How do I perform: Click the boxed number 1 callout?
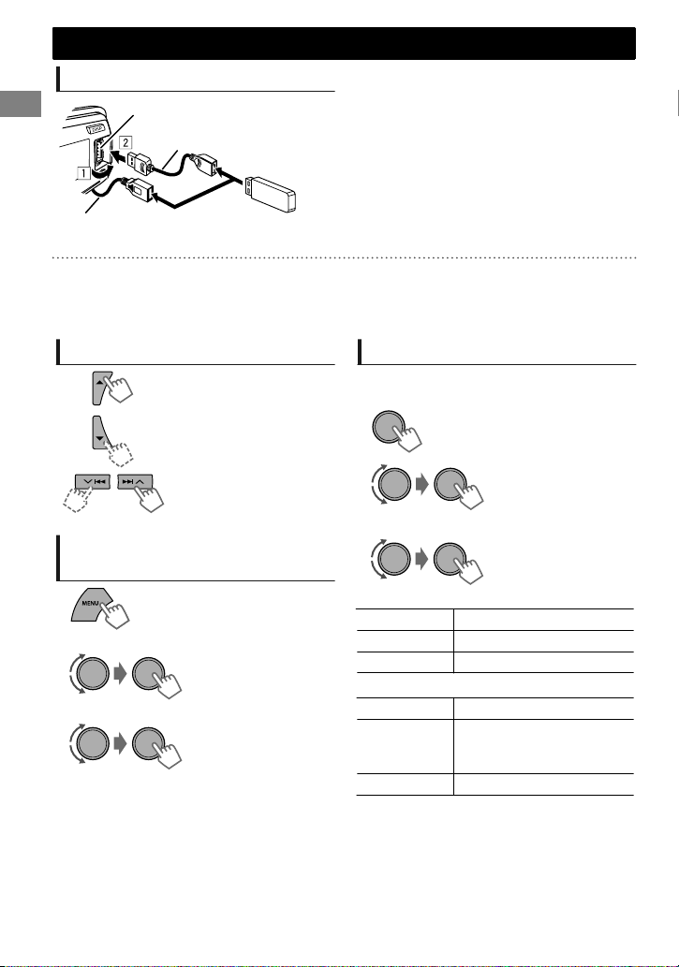[83, 173]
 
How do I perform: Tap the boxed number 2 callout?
[125, 142]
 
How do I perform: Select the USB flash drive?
[271, 194]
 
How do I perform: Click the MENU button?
[92, 605]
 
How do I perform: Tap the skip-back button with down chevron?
[93, 482]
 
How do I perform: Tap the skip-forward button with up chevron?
[135, 482]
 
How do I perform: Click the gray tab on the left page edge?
[21, 104]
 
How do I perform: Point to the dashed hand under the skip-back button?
[77, 498]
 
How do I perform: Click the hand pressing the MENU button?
[115, 614]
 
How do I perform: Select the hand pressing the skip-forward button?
[150, 497]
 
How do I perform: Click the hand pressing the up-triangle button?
[120, 388]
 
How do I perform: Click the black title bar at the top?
[344, 43]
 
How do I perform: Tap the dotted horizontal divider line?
[344, 257]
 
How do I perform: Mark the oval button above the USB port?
[96, 130]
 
